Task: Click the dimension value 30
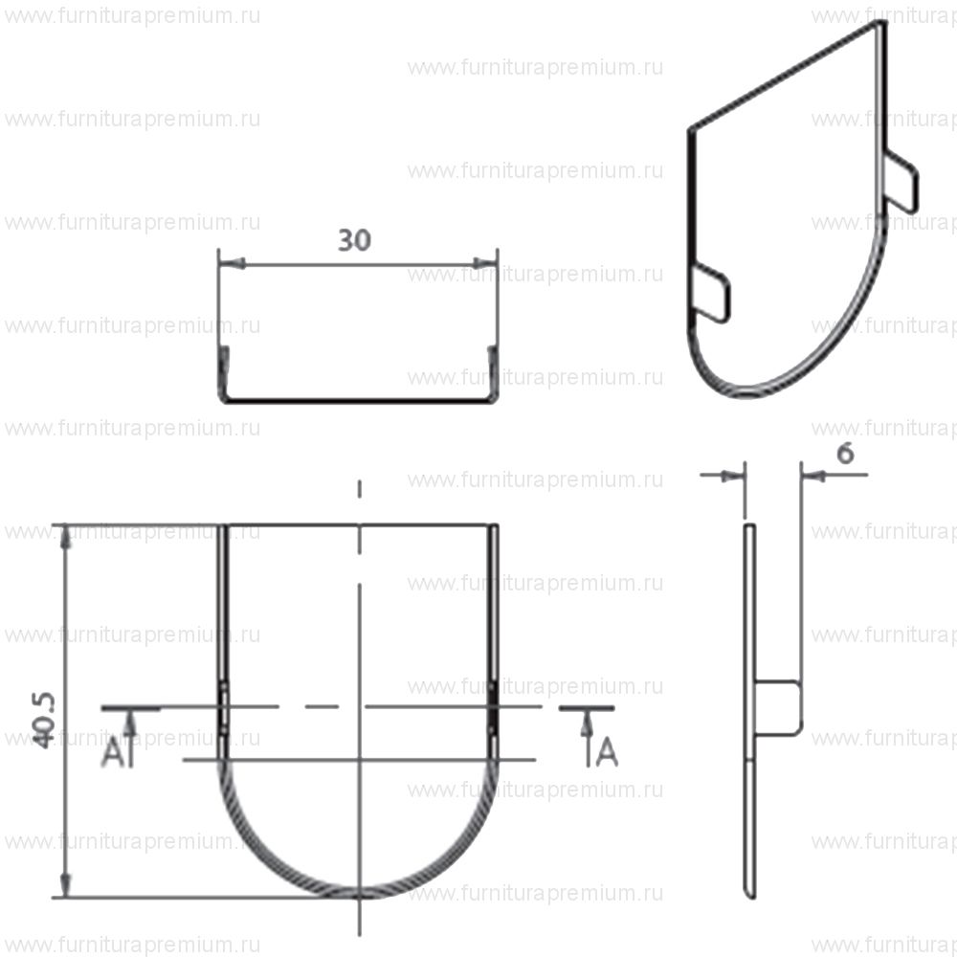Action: click(354, 240)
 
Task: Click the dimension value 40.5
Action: click(44, 721)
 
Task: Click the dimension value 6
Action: click(845, 454)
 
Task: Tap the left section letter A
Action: click(112, 751)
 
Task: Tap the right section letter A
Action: click(607, 751)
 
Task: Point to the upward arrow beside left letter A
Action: click(129, 740)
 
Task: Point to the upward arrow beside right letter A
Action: click(588, 740)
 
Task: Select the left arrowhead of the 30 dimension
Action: click(232, 264)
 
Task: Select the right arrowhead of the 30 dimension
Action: click(485, 264)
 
